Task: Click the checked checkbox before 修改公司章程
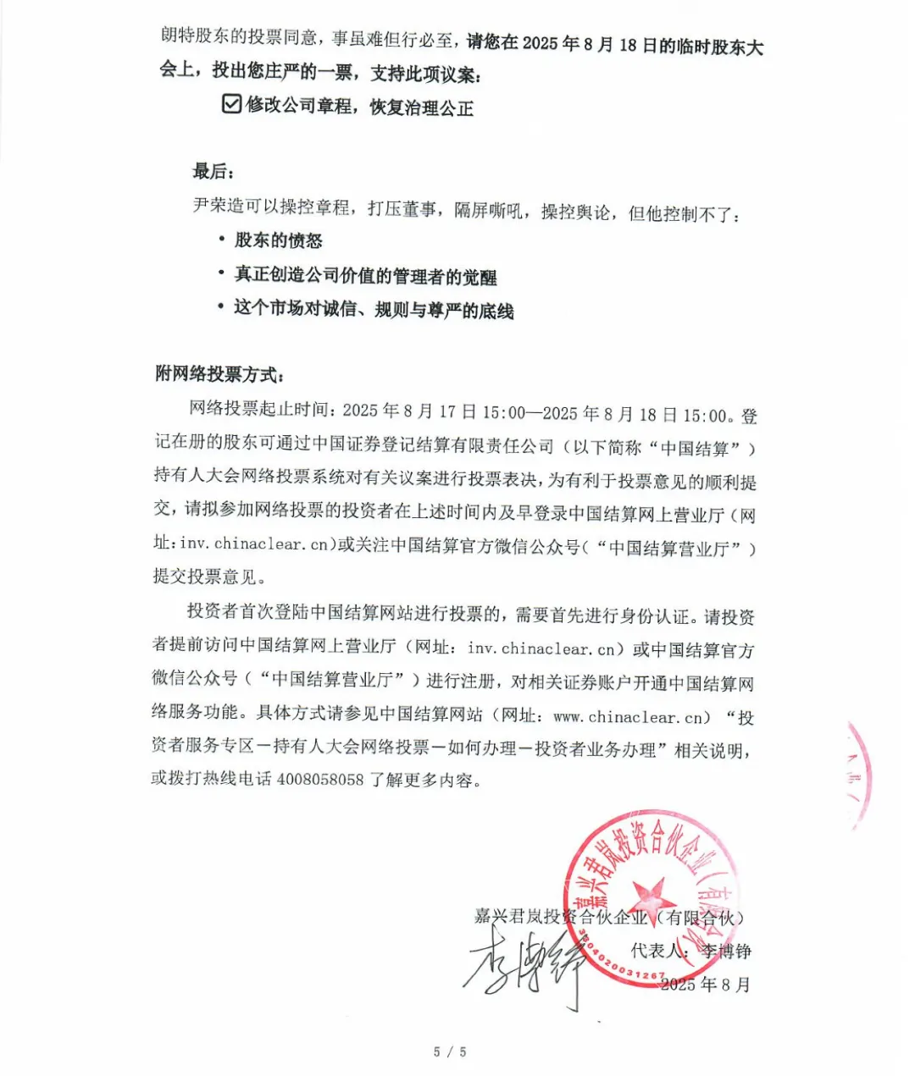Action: pos(231,104)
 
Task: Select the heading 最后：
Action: pos(213,172)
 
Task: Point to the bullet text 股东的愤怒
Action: pos(279,241)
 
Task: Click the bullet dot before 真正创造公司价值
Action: pos(221,274)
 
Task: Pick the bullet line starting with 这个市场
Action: pos(374,309)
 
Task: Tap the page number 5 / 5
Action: pos(450,1051)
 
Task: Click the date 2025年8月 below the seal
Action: pos(705,985)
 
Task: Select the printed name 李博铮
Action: pos(726,952)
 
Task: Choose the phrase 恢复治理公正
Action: pos(422,108)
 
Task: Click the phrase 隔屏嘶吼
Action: pos(488,210)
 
